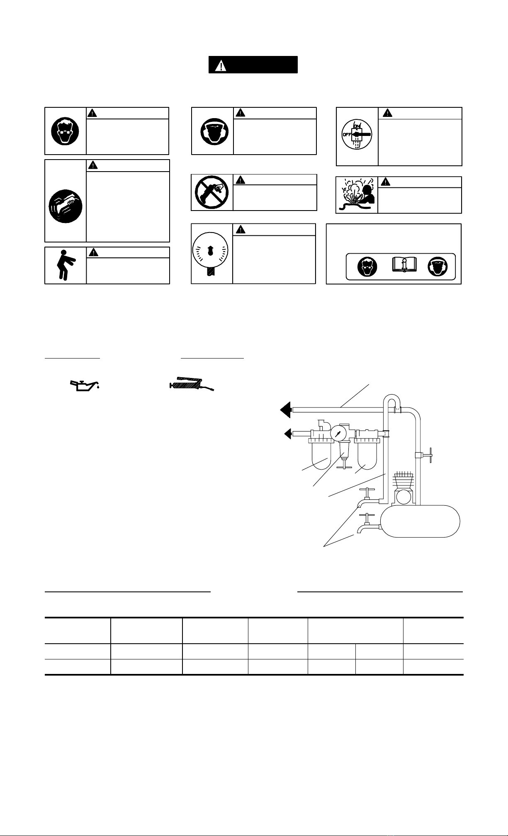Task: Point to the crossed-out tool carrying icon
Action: [211, 192]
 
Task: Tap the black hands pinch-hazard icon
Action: [66, 206]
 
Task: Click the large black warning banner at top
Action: [253, 65]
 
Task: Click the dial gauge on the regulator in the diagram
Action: [338, 434]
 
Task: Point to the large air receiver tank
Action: [420, 521]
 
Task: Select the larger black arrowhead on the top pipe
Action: [285, 410]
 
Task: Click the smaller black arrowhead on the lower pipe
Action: [288, 434]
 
